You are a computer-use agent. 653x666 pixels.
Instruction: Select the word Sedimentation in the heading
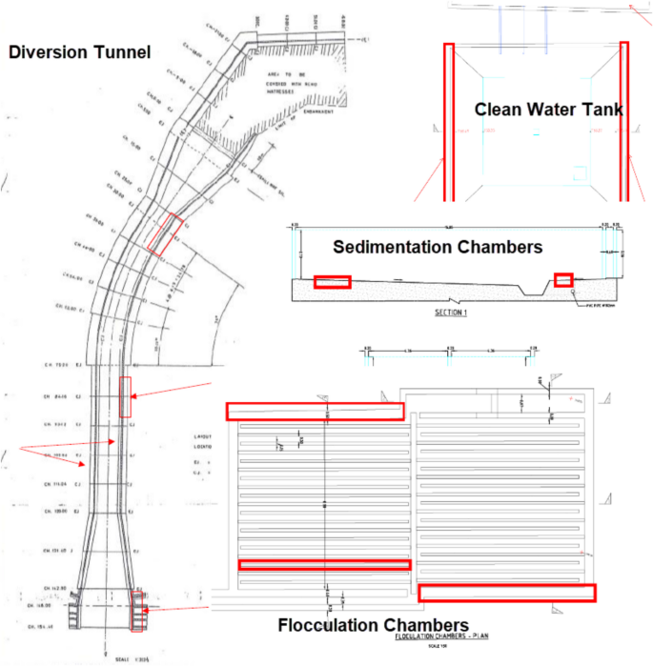393,247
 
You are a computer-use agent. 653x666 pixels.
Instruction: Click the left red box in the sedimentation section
333,281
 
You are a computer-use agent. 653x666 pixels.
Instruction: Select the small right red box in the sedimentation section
563,279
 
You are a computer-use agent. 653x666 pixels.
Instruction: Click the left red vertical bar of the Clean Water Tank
448,121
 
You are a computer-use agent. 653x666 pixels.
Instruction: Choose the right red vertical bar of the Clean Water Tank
624,121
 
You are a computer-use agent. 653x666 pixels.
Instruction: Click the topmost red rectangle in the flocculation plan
315,411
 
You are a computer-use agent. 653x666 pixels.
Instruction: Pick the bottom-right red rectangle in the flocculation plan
506,593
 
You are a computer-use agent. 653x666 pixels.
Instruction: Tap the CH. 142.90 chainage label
44,590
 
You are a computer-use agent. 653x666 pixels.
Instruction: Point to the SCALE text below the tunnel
121,656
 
